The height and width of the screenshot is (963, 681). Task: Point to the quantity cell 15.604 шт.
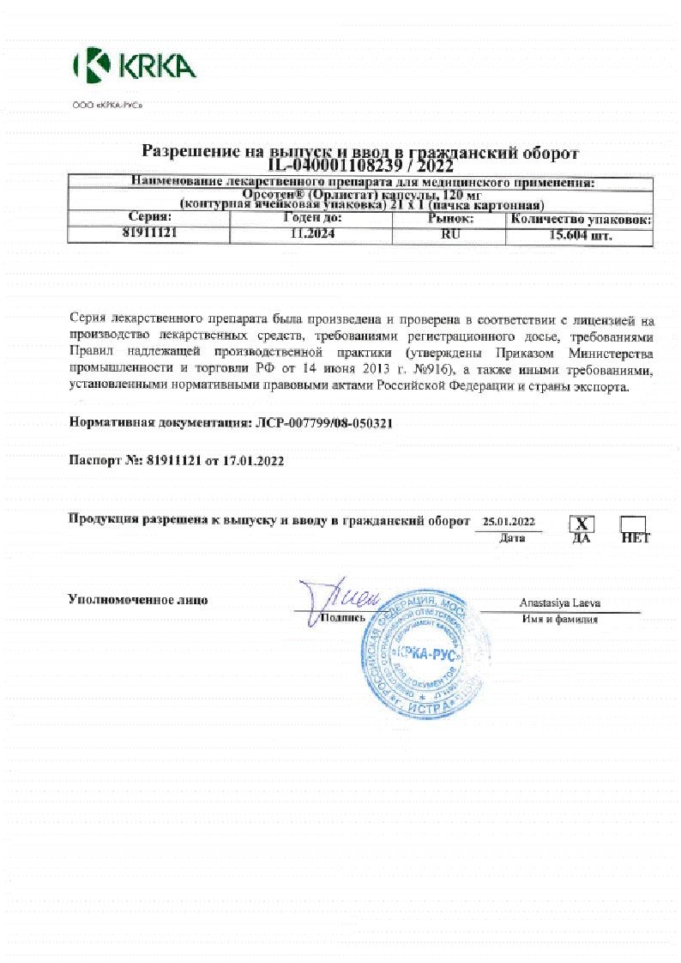tap(579, 233)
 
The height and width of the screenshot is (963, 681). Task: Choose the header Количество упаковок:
tap(579, 220)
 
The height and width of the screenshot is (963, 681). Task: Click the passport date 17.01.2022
tap(253, 460)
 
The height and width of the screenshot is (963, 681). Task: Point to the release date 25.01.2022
tap(509, 522)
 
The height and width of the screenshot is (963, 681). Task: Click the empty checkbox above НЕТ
tap(633, 523)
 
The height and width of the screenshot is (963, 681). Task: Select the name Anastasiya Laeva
tap(559, 603)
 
